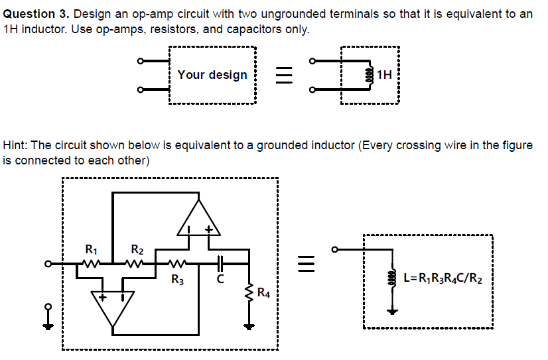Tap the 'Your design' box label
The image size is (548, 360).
pyautogui.click(x=212, y=75)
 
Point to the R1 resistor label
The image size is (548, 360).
pyautogui.click(x=92, y=250)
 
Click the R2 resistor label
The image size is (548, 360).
pyautogui.click(x=137, y=250)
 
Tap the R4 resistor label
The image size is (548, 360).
pyautogui.click(x=263, y=292)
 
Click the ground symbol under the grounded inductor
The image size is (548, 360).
pyautogui.click(x=392, y=310)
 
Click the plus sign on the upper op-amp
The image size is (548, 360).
pyautogui.click(x=209, y=231)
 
